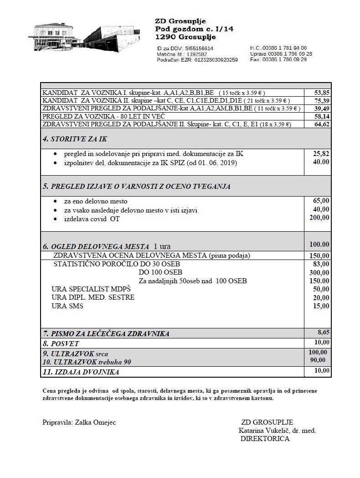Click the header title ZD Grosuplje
point(180,21)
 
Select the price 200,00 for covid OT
point(319,218)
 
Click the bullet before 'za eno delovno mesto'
point(56,202)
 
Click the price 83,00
point(321,264)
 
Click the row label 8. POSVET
point(61,343)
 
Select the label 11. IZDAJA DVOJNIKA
point(81,372)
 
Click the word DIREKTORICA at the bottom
point(265,439)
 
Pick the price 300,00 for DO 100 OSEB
point(319,272)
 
